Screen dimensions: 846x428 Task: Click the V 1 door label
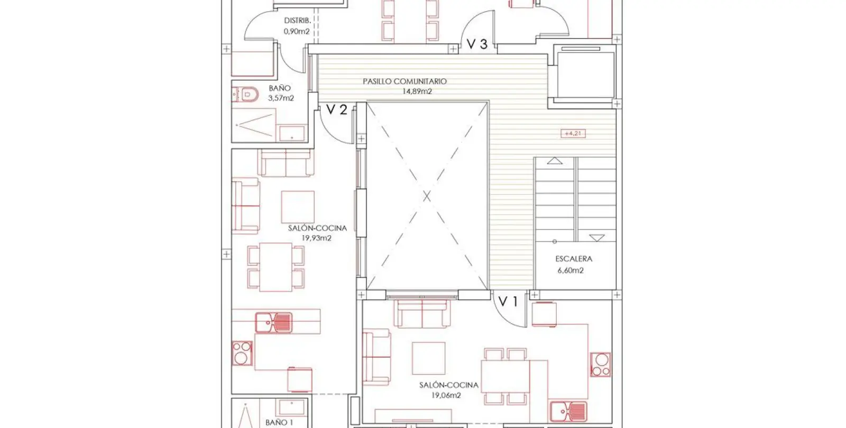[x=508, y=301]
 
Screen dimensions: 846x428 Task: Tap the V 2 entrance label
[x=336, y=109]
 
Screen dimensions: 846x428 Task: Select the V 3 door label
[x=477, y=44]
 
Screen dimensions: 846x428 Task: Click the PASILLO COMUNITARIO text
[x=404, y=81]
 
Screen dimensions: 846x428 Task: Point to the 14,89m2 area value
[x=417, y=91]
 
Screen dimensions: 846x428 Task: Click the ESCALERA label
[x=574, y=259]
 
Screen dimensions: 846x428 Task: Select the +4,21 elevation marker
[x=573, y=133]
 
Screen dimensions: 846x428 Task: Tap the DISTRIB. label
[x=297, y=21]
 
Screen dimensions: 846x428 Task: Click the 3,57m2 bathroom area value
[x=281, y=98]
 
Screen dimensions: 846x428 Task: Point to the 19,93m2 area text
[x=316, y=238]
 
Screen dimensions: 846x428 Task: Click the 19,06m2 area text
[x=446, y=396]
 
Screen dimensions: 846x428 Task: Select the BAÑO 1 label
[x=279, y=423]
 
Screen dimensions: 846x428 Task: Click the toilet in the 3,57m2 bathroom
[x=245, y=95]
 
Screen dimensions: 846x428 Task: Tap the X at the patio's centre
[x=427, y=196]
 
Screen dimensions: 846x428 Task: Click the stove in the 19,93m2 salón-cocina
[x=242, y=353]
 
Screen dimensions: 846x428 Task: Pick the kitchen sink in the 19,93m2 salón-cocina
[x=274, y=323]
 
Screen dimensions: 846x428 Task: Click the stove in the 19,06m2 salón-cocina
[x=601, y=364]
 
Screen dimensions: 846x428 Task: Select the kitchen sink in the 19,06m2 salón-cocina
[x=568, y=411]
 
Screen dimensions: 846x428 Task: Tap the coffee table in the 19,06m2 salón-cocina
[x=429, y=358]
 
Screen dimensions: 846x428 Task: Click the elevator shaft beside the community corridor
[x=585, y=76]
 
